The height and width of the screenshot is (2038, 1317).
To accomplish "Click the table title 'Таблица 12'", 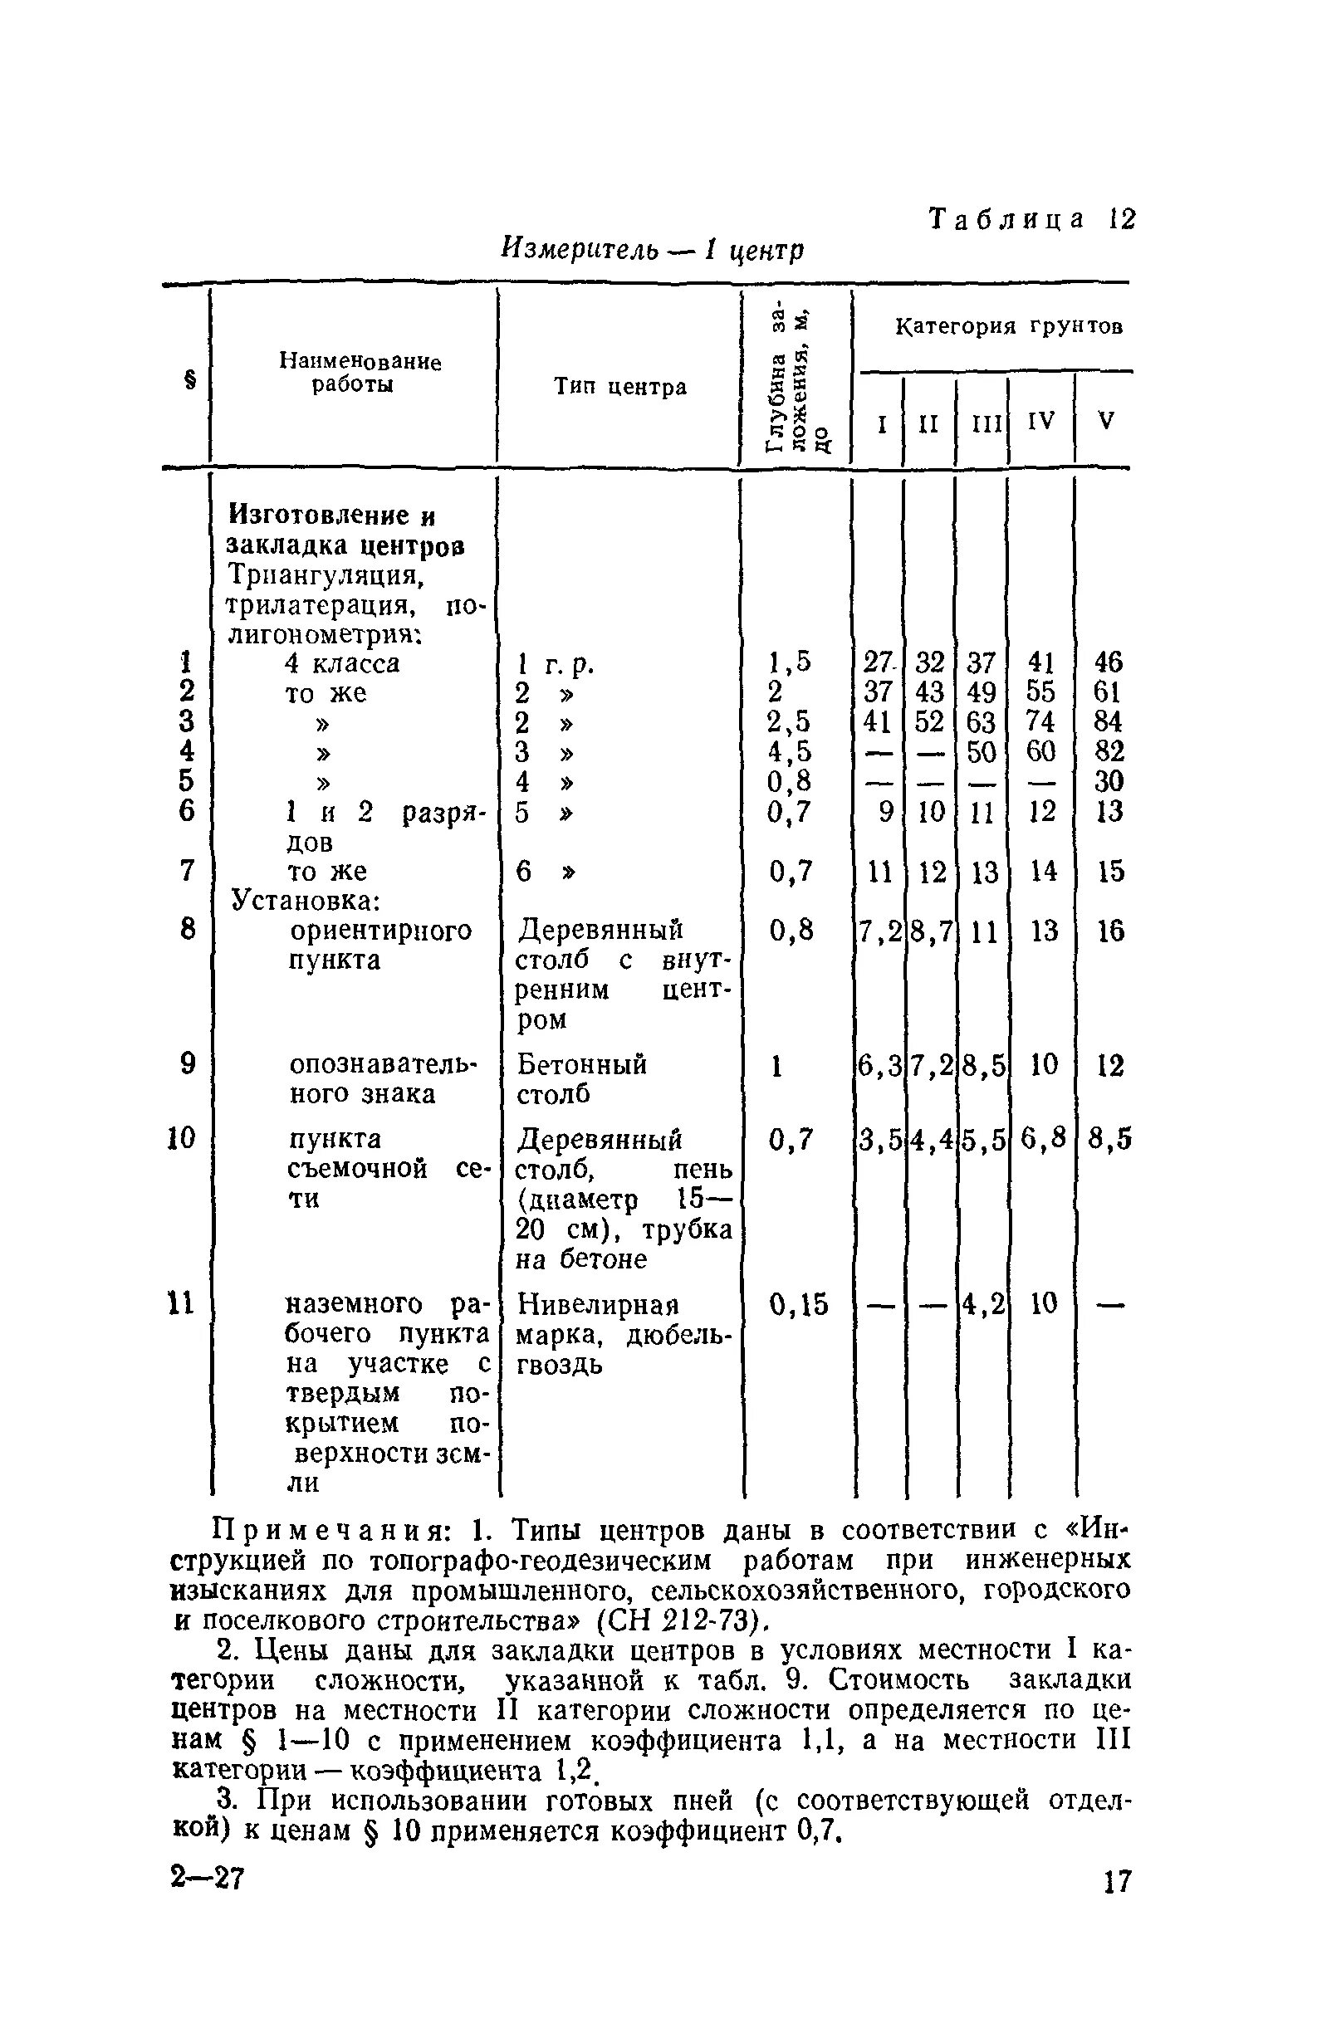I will pos(1032,220).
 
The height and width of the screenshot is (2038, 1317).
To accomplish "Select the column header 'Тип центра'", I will pos(620,387).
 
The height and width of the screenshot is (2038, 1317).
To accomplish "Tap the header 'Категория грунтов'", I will pos(1009,326).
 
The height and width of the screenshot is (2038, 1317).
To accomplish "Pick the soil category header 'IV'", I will pos(1040,421).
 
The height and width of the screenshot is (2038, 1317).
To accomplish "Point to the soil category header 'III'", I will pos(986,423).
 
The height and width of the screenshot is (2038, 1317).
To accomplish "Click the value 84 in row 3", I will pos(1109,721).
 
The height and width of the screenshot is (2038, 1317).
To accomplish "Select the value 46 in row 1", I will pos(1109,662).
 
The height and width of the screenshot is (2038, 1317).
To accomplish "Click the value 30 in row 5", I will pos(1109,781).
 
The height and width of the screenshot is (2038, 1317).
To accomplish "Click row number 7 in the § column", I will pos(188,871).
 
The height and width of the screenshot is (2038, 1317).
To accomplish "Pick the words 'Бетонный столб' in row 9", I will pos(581,1080).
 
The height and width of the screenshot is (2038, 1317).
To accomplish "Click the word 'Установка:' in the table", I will pos(306,901).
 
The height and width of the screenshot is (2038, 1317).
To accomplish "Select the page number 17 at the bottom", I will pos(1116,1882).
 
